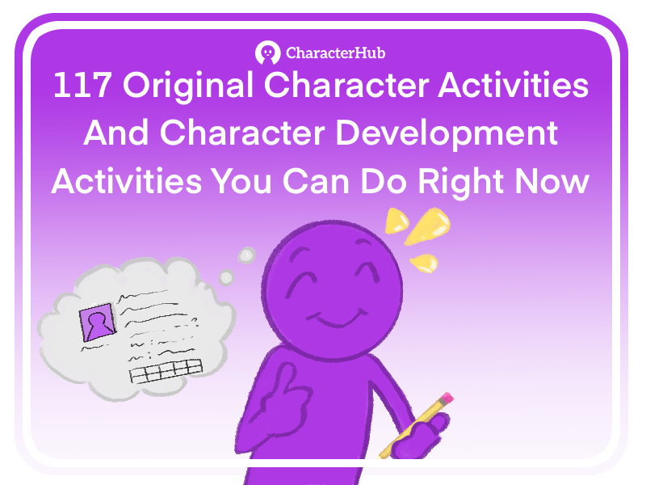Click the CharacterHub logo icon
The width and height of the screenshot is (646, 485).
click(x=267, y=53)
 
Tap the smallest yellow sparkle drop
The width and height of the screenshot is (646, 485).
click(x=421, y=261)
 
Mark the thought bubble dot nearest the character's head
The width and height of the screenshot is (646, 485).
click(x=245, y=257)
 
